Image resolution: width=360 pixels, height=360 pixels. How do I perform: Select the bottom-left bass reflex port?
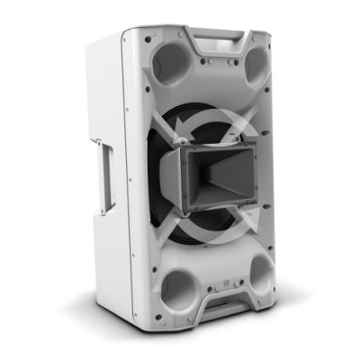pos(177,288)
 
